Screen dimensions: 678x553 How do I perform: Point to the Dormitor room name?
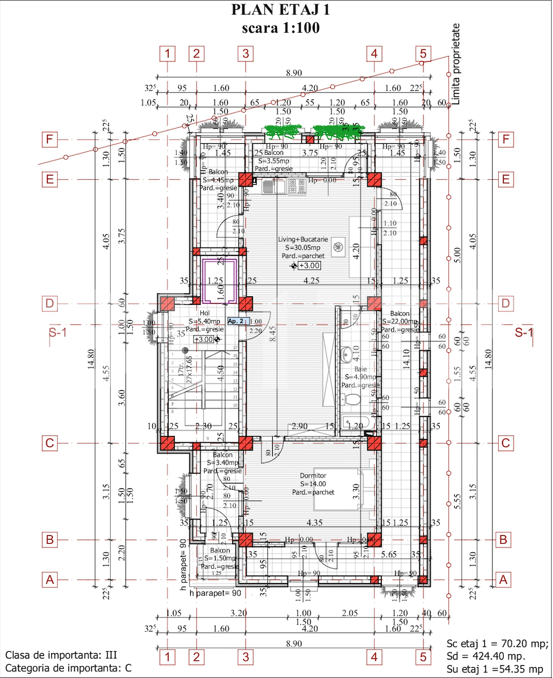[313, 476]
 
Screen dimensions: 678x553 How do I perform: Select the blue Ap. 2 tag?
[236, 321]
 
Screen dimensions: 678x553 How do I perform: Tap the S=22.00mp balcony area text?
[400, 321]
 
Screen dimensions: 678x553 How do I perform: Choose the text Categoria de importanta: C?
[68, 668]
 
